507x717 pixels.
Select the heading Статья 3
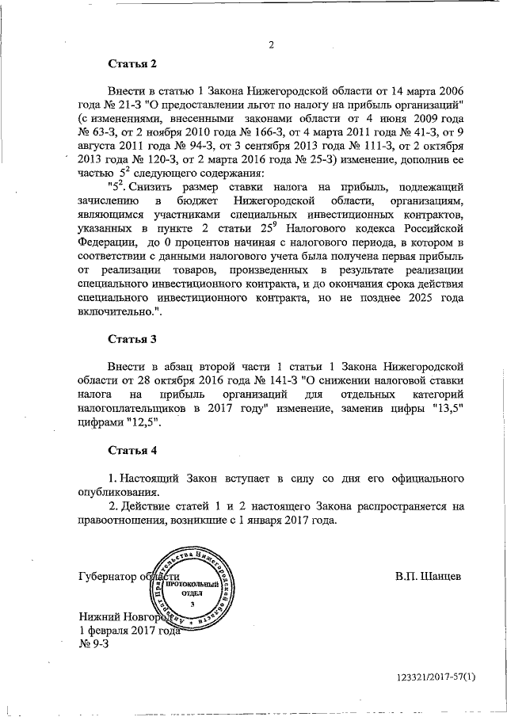[x=132, y=339]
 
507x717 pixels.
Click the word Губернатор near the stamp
[x=108, y=576]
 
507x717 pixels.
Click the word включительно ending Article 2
[x=116, y=312]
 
